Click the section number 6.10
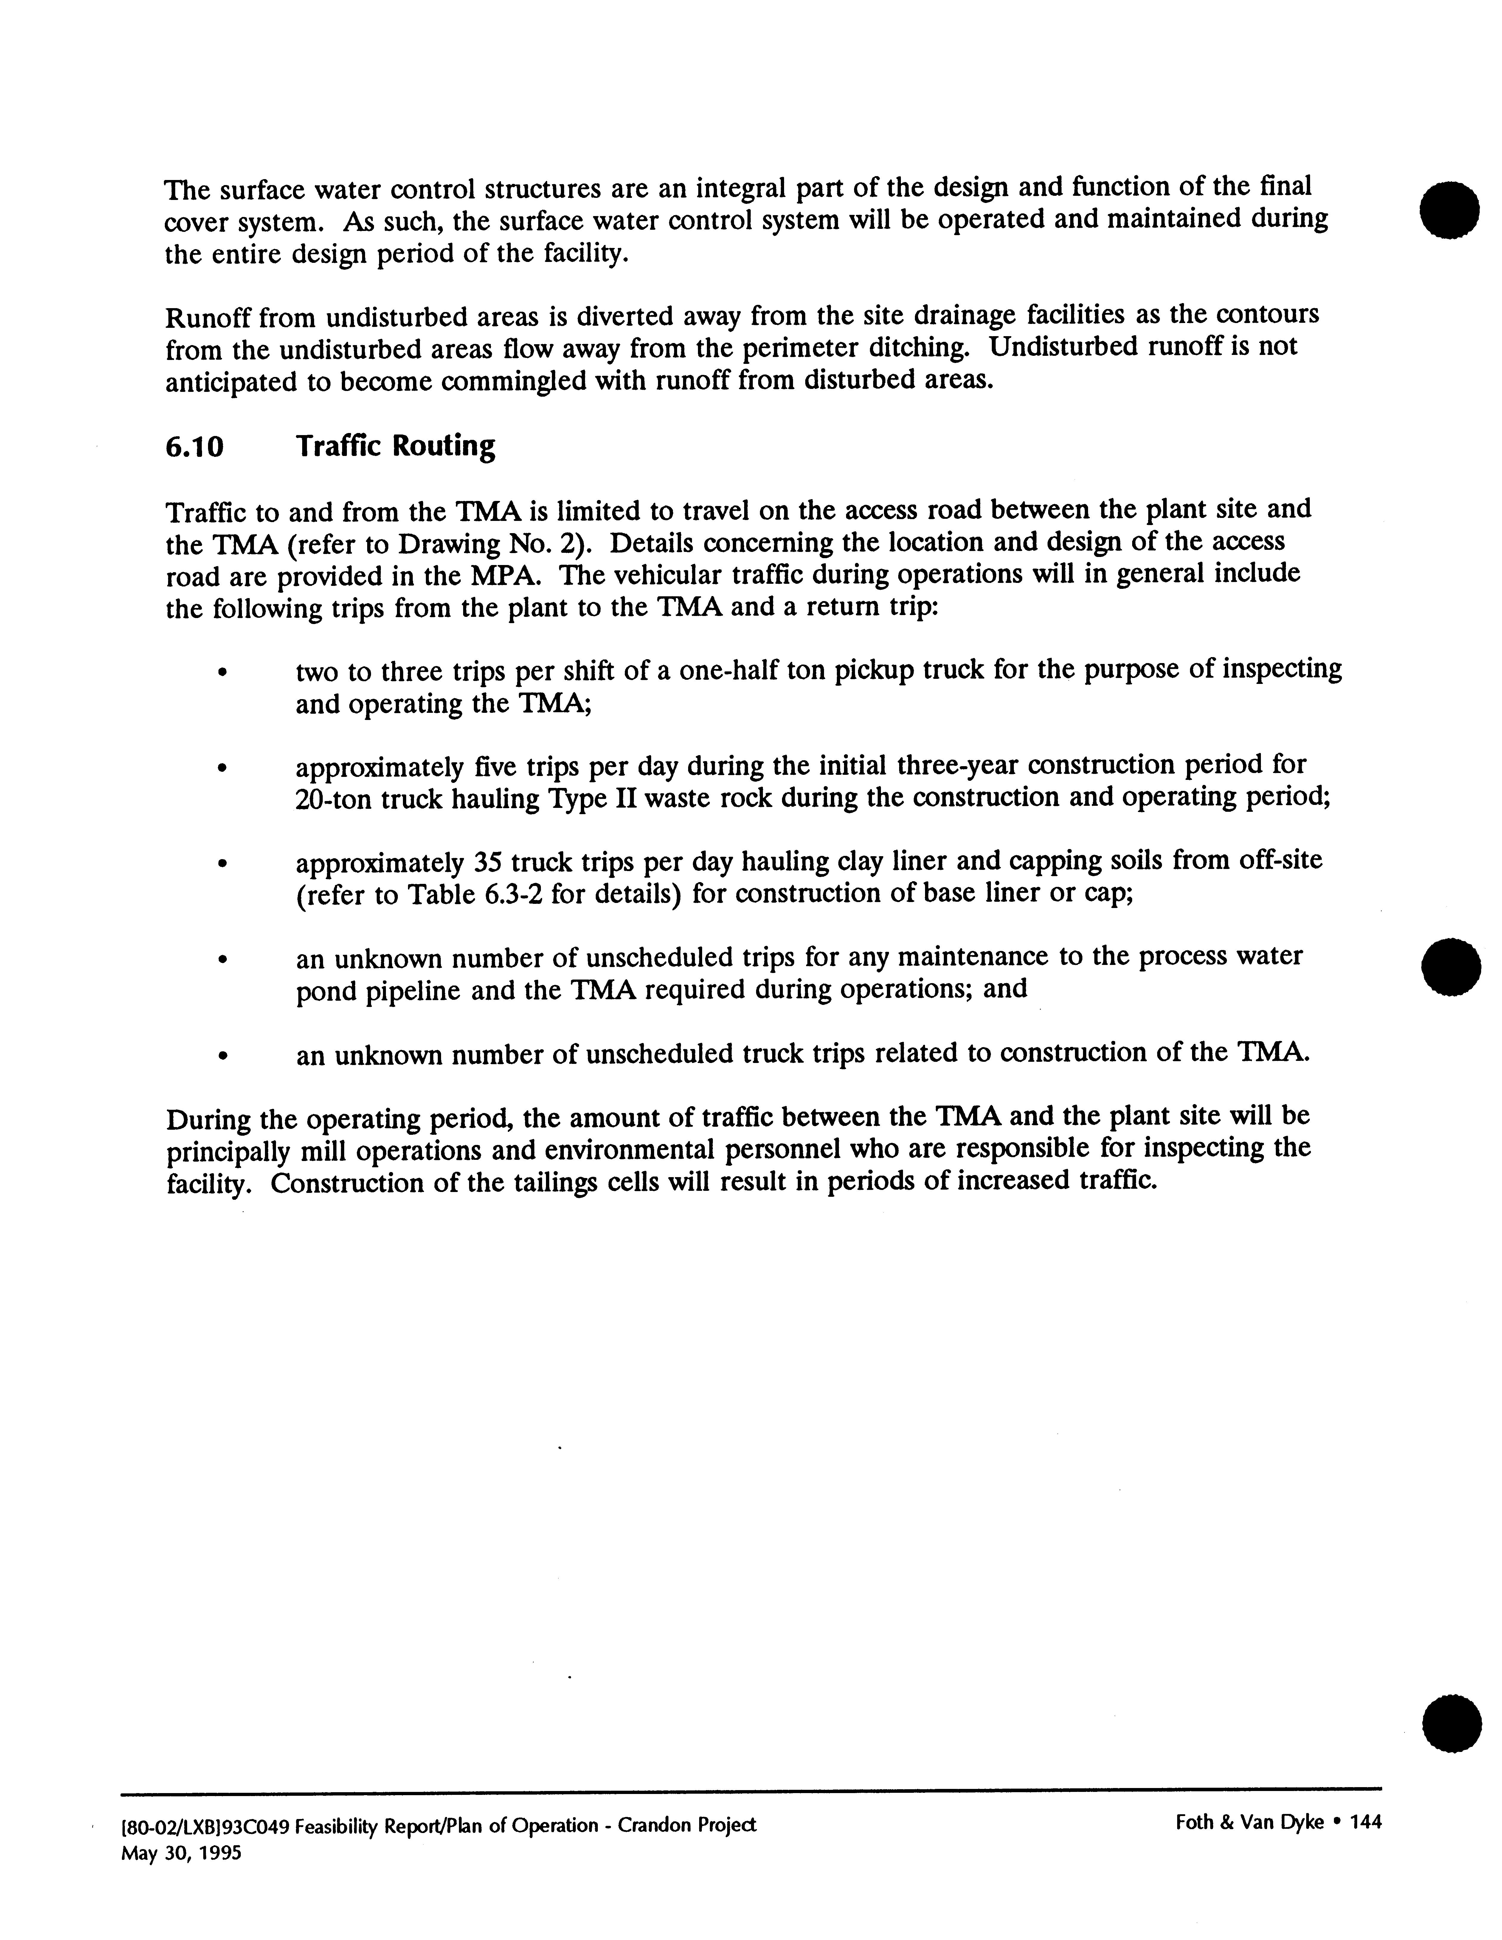click(x=194, y=447)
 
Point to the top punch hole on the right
click(x=1450, y=209)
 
